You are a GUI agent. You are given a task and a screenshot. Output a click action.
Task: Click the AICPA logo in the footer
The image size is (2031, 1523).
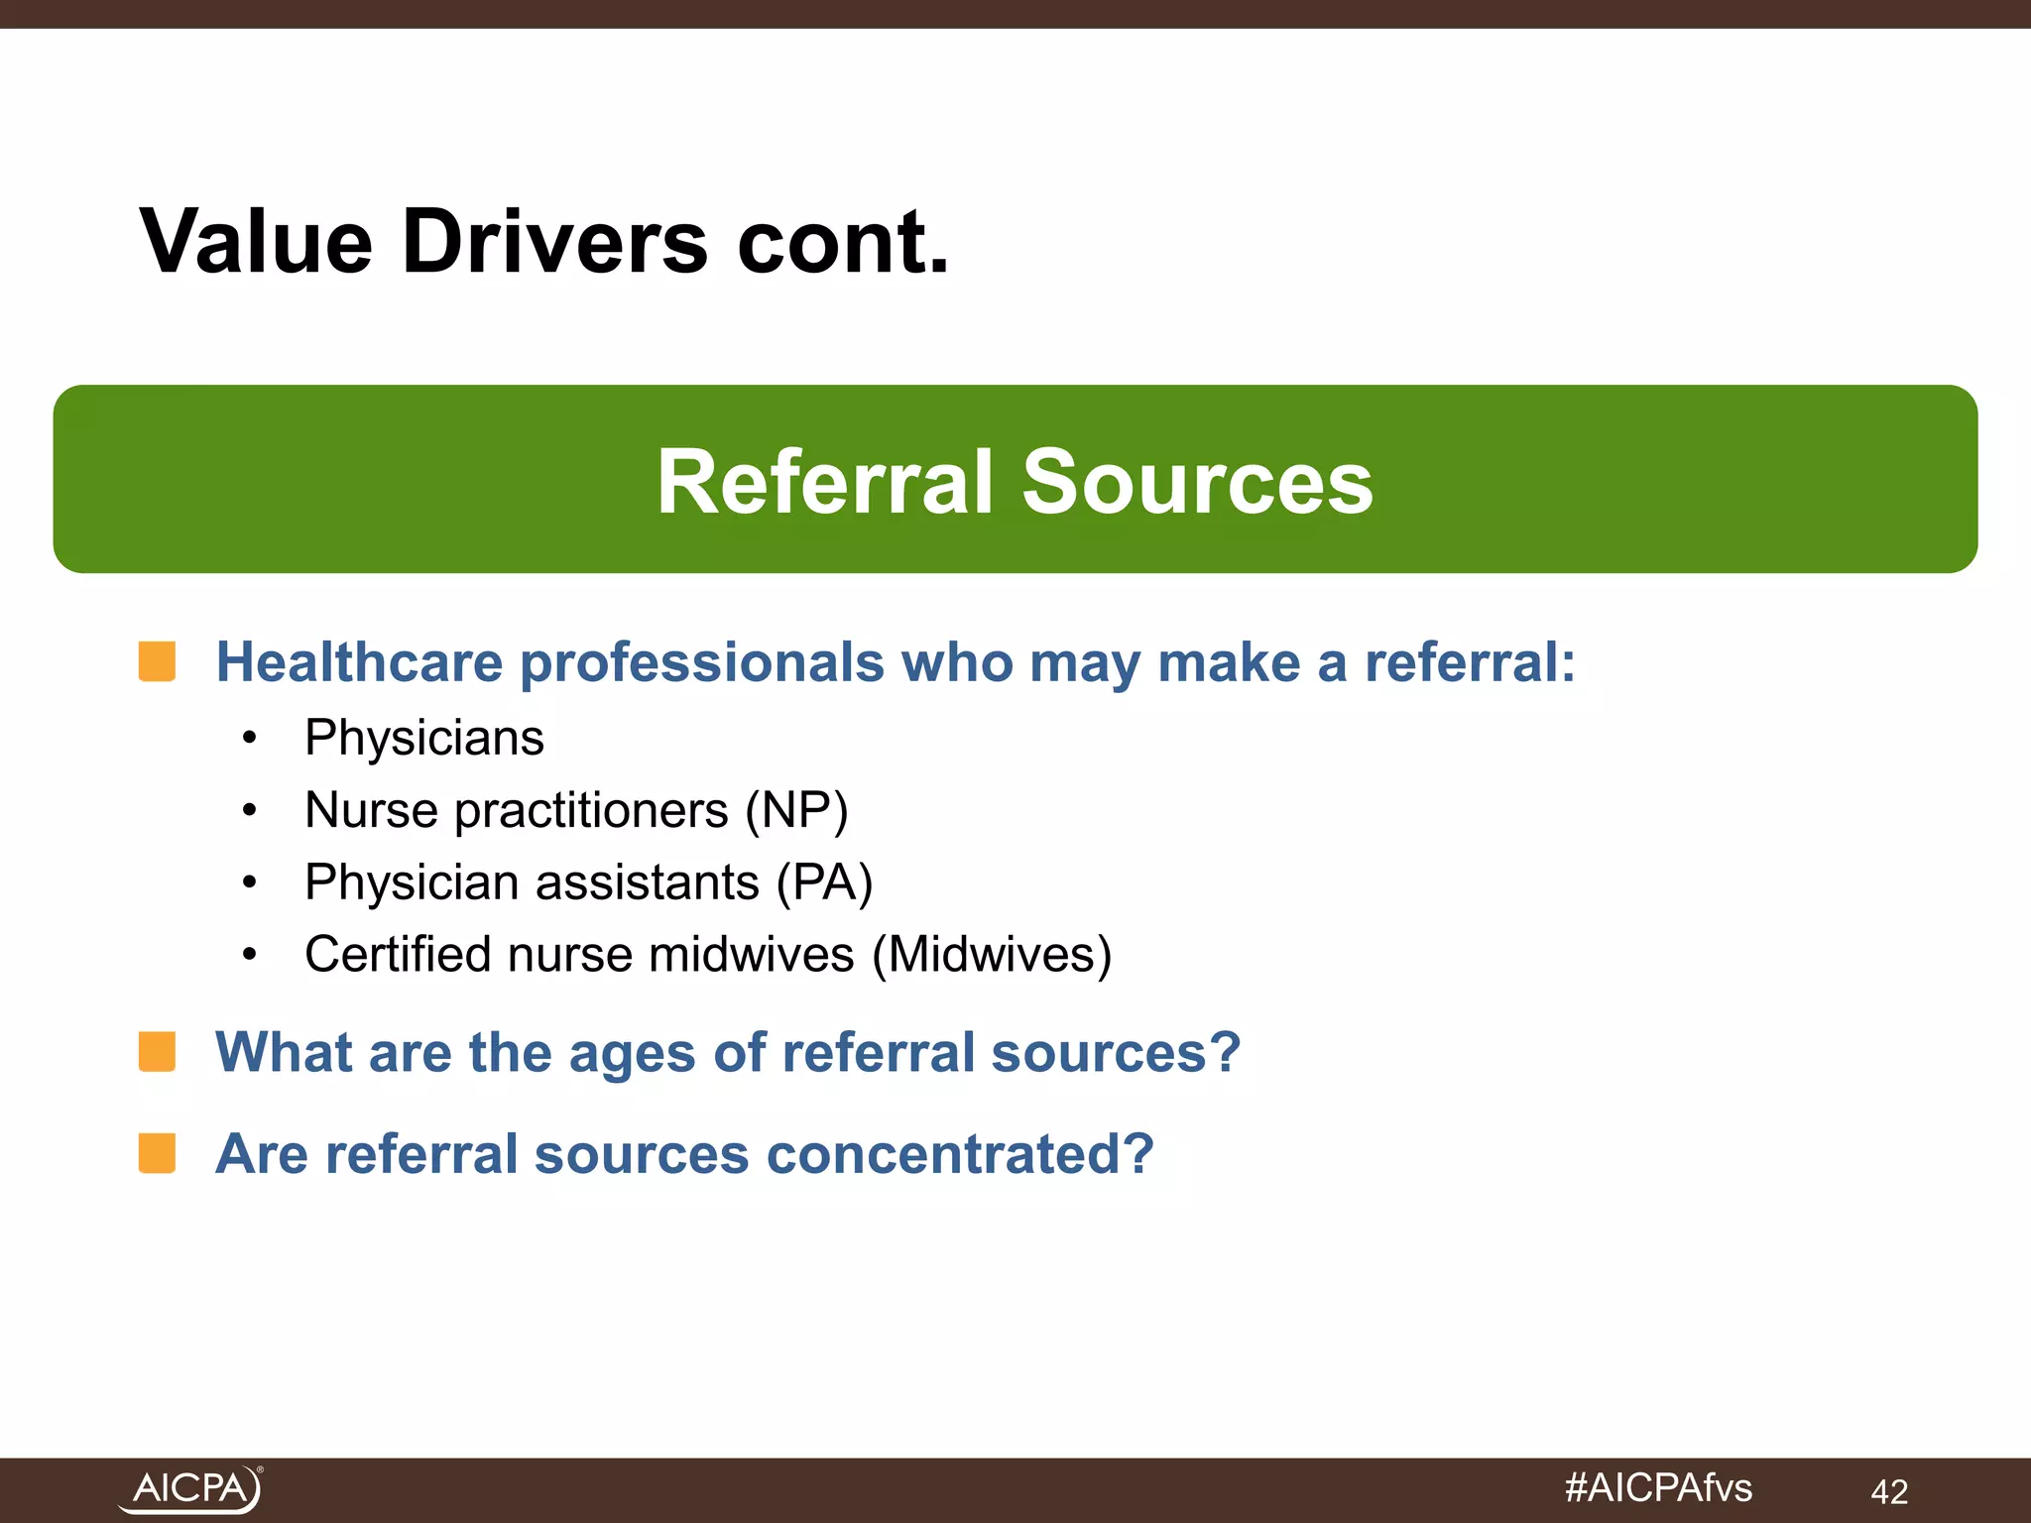pos(190,1488)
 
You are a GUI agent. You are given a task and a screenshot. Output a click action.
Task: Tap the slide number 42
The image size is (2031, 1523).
pos(1888,1491)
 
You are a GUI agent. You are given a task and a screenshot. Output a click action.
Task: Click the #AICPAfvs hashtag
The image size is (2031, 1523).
pos(1658,1487)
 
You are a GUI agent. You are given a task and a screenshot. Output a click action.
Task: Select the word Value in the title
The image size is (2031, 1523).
pos(256,242)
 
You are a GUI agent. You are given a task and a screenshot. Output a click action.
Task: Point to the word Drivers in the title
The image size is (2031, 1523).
pos(554,242)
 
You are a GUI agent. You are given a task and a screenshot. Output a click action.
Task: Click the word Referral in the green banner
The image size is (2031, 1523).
pos(824,482)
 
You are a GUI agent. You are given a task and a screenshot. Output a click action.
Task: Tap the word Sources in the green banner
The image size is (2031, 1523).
pos(1197,482)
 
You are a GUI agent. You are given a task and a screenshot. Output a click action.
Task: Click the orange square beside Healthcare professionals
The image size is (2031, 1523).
pos(157,661)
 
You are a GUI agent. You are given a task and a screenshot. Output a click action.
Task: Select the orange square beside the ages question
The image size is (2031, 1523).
pos(157,1052)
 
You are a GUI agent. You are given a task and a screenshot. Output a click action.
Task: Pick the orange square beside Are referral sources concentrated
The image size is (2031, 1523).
pos(157,1153)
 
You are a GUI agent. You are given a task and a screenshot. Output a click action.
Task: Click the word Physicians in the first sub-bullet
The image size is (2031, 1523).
pos(424,738)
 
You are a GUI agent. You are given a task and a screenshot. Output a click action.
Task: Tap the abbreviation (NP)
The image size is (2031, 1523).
pos(797,810)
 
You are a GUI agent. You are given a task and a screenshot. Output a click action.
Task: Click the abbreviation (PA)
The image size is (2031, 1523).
pos(824,882)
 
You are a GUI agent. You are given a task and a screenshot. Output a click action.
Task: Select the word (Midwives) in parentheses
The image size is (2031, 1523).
pos(992,955)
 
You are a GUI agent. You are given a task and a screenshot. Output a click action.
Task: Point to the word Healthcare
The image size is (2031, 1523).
pos(359,661)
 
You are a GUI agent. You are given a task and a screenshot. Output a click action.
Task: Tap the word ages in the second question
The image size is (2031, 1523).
pos(632,1053)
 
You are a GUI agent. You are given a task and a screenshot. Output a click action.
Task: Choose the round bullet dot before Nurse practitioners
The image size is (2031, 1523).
pos(250,811)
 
